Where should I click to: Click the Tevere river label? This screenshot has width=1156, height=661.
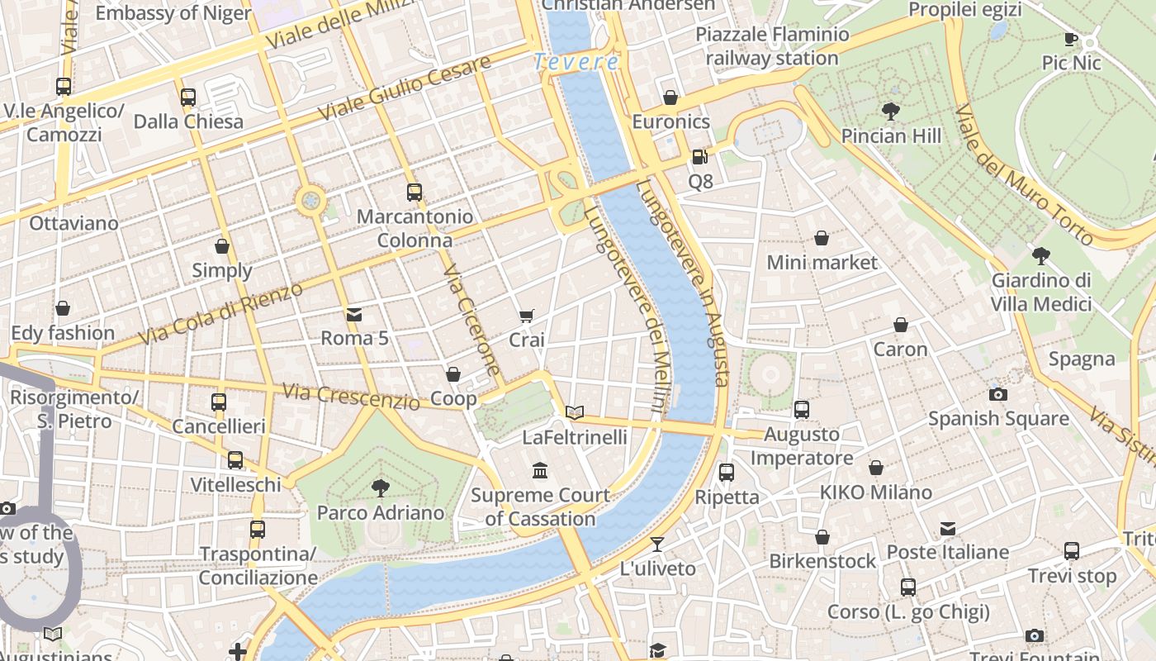(x=576, y=62)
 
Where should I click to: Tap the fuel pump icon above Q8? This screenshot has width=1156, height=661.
(x=699, y=156)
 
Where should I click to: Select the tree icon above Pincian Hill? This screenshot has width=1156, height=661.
(x=890, y=111)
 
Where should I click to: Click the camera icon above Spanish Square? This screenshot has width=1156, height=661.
(x=997, y=394)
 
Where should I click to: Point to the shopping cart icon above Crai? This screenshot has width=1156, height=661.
(x=526, y=316)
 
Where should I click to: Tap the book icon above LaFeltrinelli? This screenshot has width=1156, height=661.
(x=575, y=412)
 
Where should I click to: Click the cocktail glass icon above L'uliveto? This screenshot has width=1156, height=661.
(x=656, y=544)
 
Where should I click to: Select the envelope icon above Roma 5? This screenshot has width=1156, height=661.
(x=354, y=314)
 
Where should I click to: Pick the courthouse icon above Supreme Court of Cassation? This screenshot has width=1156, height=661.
(x=540, y=471)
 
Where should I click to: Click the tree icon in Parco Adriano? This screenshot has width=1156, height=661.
(x=381, y=487)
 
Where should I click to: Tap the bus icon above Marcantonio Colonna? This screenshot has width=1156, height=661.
(x=415, y=193)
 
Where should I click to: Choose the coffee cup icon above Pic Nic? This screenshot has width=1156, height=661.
(x=1071, y=39)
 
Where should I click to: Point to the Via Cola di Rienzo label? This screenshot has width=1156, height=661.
(x=221, y=313)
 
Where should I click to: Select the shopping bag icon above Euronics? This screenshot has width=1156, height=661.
(x=670, y=97)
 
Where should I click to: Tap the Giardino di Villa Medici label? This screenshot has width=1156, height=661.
(x=1040, y=292)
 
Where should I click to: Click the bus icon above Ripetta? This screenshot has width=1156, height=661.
(x=726, y=473)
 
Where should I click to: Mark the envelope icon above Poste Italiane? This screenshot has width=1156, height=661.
(x=948, y=528)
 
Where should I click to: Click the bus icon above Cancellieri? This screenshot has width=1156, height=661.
(x=219, y=402)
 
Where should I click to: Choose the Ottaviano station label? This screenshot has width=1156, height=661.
(x=73, y=223)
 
